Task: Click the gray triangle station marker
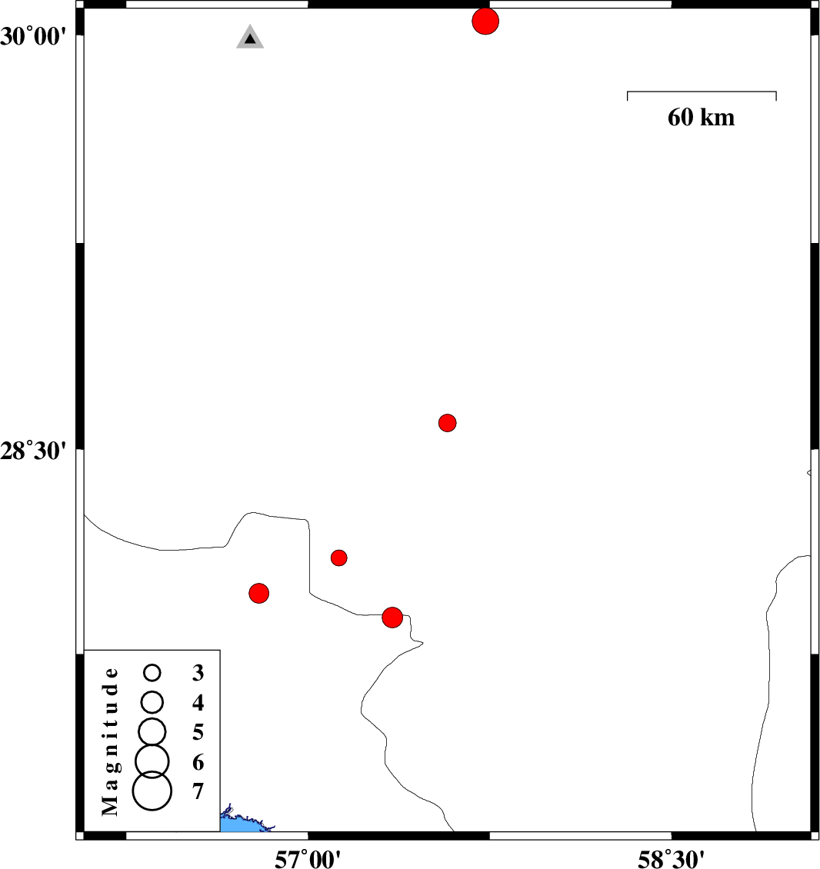click(x=250, y=38)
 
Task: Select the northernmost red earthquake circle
click(x=485, y=21)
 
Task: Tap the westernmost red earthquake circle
click(x=259, y=594)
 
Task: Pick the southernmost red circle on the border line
click(x=392, y=618)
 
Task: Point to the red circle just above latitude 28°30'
click(x=448, y=423)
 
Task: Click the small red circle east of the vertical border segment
click(x=338, y=558)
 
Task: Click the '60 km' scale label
click(x=701, y=118)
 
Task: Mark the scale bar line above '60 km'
click(x=702, y=92)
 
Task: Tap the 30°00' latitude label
click(x=33, y=37)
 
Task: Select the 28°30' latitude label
click(x=33, y=451)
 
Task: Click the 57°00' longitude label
click(x=308, y=859)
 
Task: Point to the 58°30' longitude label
click(x=671, y=859)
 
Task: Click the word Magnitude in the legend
click(x=110, y=741)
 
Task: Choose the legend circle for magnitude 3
click(x=152, y=673)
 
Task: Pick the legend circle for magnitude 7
click(x=152, y=791)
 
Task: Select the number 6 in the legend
click(x=198, y=763)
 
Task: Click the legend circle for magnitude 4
click(x=152, y=702)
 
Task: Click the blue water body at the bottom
click(x=244, y=824)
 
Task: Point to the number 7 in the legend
click(x=198, y=792)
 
